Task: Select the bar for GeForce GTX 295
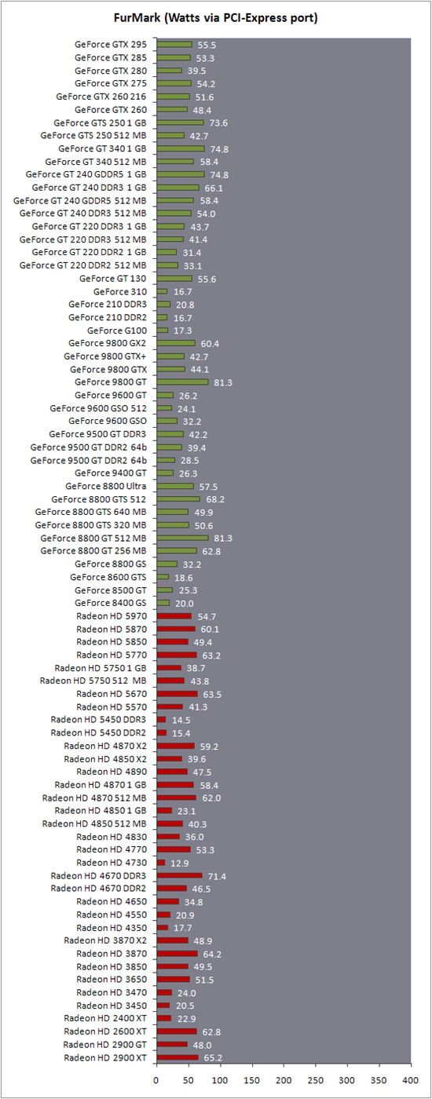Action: tap(174, 45)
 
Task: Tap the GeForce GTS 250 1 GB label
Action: tap(100, 122)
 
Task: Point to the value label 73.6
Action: tap(218, 123)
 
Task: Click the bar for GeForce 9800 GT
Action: tap(182, 382)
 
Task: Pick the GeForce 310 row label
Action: tap(119, 291)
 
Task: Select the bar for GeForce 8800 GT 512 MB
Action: tap(182, 538)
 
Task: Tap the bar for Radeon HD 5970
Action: tap(174, 615)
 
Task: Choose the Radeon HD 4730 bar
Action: tap(161, 863)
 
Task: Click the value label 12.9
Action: tap(180, 863)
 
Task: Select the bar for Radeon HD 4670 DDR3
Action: tap(180, 875)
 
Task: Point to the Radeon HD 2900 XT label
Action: tap(105, 1057)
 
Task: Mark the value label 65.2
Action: tap(213, 1058)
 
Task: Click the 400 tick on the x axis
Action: tap(410, 1079)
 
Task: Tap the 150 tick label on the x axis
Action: tap(252, 1079)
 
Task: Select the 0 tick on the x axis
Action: tap(156, 1079)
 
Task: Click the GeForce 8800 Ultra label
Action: tap(105, 486)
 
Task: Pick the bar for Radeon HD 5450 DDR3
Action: tap(162, 719)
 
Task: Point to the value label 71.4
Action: tap(217, 876)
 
